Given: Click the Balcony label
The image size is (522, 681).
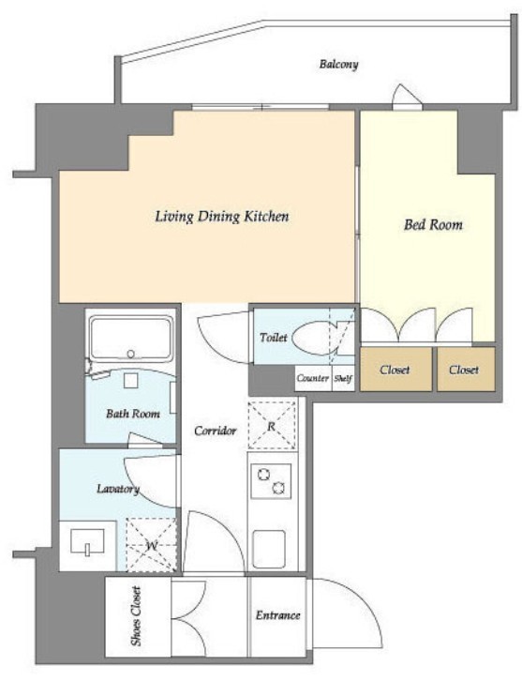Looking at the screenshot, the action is click(339, 65).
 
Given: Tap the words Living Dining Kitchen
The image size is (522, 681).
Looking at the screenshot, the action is click(222, 217).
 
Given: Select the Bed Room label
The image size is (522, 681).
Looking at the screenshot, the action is click(433, 224).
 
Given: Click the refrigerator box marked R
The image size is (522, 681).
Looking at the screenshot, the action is click(272, 426).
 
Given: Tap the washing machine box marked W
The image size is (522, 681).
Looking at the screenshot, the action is click(152, 545).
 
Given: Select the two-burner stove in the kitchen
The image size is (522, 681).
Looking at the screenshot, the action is click(271, 481).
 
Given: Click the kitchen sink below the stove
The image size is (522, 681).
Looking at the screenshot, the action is click(269, 550).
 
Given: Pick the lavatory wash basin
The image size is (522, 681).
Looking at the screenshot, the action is click(88, 541).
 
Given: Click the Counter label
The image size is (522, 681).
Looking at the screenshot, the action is click(312, 378).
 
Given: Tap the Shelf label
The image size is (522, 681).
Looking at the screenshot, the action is click(343, 378).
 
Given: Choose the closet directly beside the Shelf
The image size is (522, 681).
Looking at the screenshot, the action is click(395, 370).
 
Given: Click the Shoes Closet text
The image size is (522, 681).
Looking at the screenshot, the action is click(137, 616).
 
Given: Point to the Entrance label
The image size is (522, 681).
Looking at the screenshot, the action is click(277, 615).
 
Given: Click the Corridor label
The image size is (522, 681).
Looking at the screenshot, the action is click(216, 431).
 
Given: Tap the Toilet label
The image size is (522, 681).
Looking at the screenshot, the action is click(274, 337).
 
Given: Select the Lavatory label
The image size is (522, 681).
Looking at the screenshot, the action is click(117, 489).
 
